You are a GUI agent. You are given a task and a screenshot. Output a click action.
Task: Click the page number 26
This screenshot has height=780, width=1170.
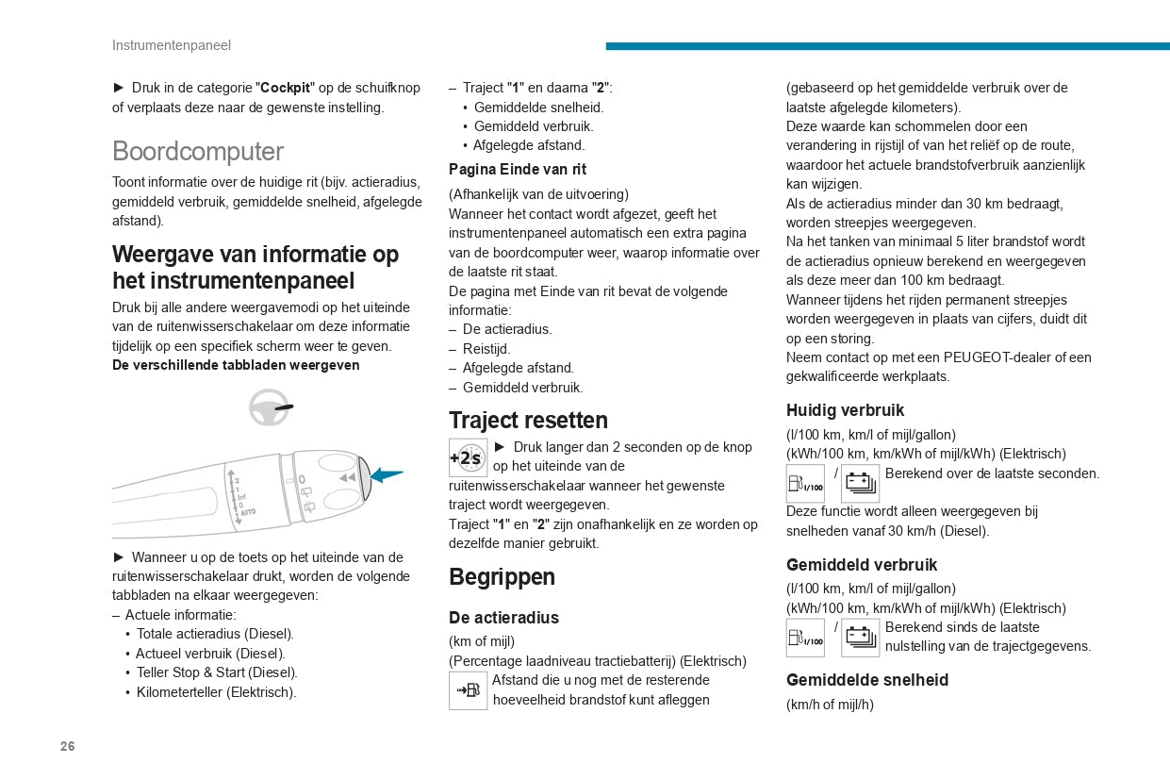coord(67,747)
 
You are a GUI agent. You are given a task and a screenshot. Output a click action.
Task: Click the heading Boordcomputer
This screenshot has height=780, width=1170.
coord(198,152)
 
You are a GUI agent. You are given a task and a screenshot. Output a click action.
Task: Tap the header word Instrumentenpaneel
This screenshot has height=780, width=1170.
coord(172,45)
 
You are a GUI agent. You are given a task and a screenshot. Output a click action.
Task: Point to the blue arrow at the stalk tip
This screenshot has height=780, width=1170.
coord(386,475)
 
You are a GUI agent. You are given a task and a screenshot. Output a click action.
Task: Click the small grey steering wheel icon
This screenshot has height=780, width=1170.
coord(270,407)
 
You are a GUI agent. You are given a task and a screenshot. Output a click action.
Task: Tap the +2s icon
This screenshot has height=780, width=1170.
coord(468,458)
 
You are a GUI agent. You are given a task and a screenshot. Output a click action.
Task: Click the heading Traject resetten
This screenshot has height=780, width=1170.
coord(528,421)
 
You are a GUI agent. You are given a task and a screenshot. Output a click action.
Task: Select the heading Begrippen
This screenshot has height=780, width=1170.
coord(502,577)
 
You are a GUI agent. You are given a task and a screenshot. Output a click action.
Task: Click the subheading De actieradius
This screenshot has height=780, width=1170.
coord(503,618)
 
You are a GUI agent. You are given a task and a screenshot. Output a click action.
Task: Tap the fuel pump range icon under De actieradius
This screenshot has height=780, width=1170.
coord(468,691)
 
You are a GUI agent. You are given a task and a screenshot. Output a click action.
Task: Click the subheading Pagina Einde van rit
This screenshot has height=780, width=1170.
coord(518,170)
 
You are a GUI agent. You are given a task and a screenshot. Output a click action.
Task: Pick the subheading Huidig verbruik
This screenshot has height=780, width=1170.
coord(845,410)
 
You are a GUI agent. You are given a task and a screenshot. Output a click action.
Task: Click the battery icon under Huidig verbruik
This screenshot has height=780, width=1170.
coord(860,484)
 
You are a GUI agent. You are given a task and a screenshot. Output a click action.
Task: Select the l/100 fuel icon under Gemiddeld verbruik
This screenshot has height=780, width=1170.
coord(805,639)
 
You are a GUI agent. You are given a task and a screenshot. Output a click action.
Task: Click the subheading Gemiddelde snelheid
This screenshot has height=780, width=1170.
coord(867,680)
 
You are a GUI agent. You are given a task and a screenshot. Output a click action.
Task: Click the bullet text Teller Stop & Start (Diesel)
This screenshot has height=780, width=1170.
coord(217,672)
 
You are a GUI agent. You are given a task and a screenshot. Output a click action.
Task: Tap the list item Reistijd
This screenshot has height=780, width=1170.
coord(486,349)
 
